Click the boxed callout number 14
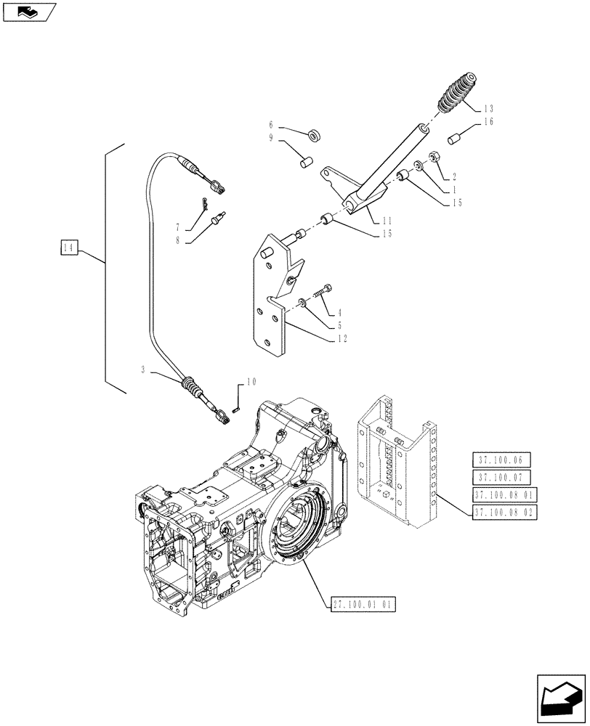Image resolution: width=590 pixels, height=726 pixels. coord(69,249)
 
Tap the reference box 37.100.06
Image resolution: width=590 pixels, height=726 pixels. coord(501,460)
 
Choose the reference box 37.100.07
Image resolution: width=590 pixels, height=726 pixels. coord(501,477)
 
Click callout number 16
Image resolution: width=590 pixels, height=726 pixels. coord(486,123)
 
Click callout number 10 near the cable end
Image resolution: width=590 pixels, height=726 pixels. coord(251,381)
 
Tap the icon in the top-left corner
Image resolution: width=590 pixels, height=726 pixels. coord(28,11)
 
